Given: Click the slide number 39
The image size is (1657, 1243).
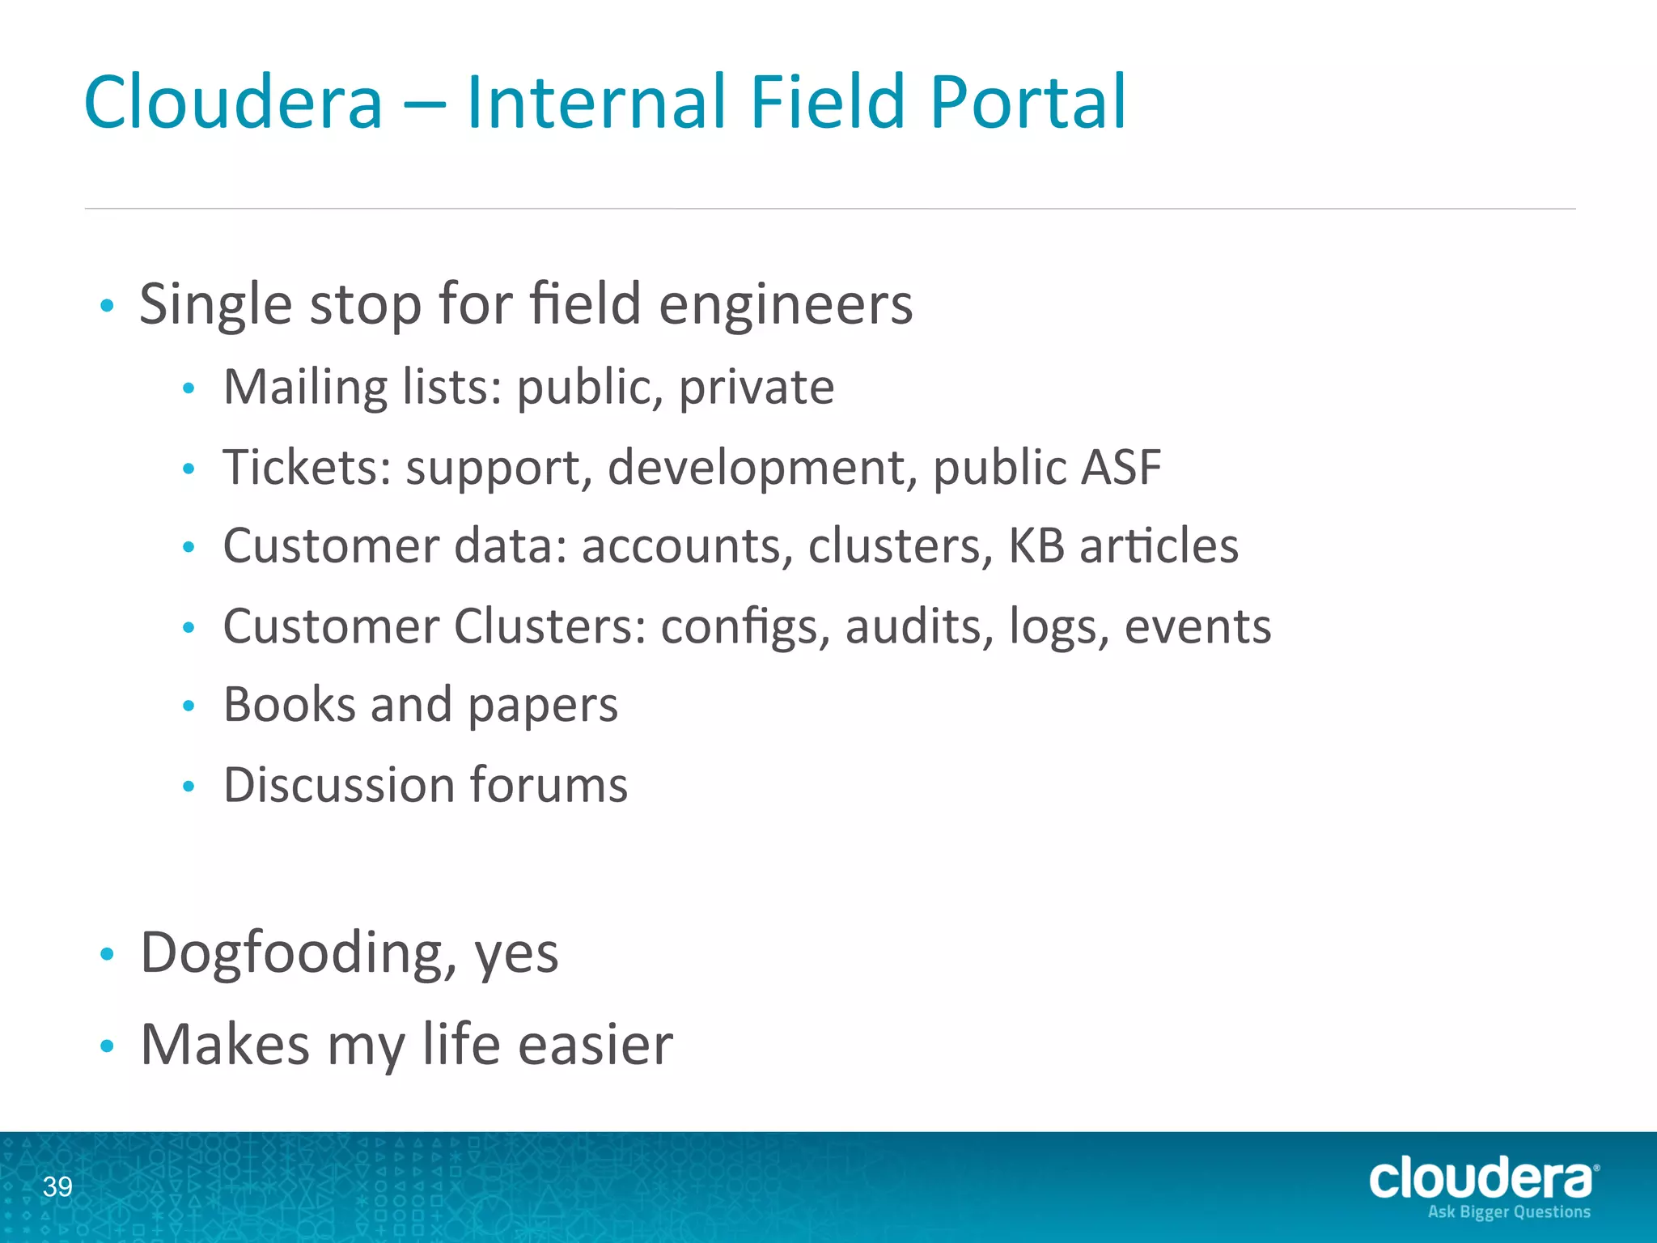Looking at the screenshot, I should tap(57, 1186).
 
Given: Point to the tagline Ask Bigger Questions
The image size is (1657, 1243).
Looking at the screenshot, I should tap(1509, 1212).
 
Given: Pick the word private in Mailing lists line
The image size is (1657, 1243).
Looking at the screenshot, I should tap(756, 388).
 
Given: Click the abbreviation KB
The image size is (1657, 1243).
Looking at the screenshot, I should tap(1036, 545).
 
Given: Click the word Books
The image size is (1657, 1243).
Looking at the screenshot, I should tap(289, 704).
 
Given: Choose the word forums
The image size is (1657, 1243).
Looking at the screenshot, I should tap(548, 785).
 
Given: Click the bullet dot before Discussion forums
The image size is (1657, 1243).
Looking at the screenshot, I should tap(189, 786).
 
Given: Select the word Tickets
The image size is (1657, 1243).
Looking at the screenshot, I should tap(307, 467).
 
